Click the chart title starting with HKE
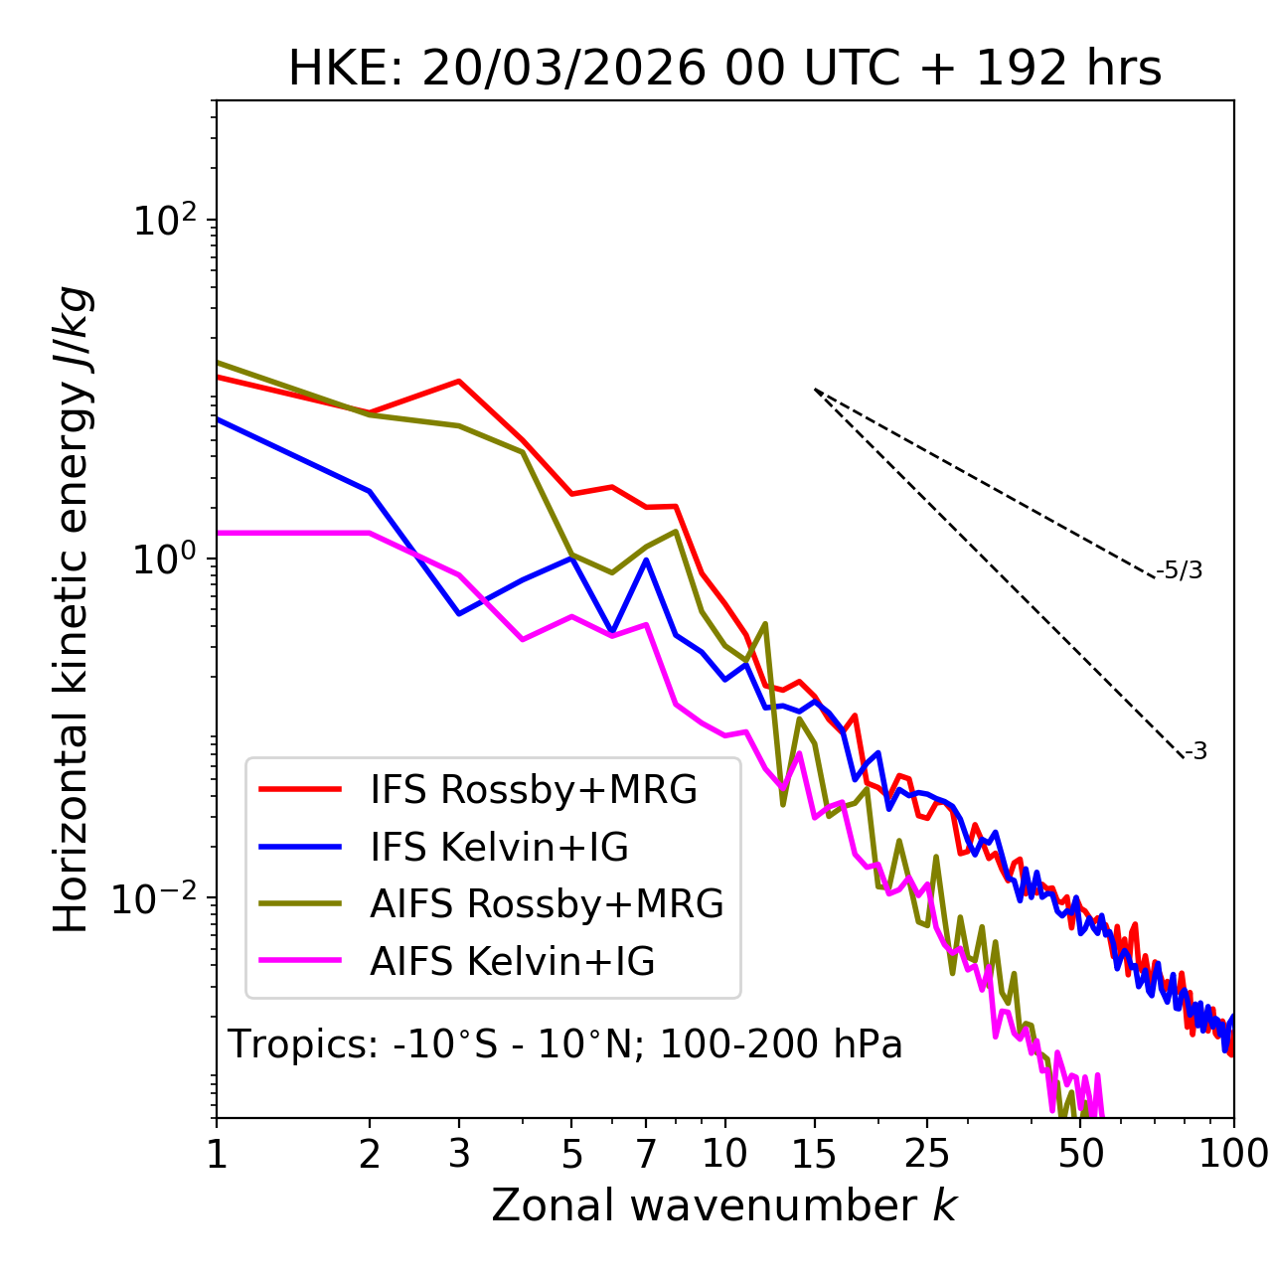pyautogui.click(x=724, y=70)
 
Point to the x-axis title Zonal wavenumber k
pyautogui.click(x=723, y=1204)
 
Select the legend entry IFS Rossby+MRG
pyautogui.click(x=533, y=789)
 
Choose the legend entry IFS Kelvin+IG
pyautogui.click(x=499, y=847)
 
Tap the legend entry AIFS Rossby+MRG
pyautogui.click(x=546, y=903)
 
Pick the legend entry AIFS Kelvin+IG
pyautogui.click(x=512, y=961)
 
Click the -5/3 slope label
pyautogui.click(x=1180, y=570)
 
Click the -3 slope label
pyautogui.click(x=1195, y=751)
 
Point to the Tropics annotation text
pyautogui.click(x=564, y=1044)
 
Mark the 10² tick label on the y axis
pyautogui.click(x=163, y=220)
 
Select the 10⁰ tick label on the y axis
pyautogui.click(x=163, y=559)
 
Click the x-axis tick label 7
pyautogui.click(x=646, y=1154)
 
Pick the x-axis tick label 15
pyautogui.click(x=815, y=1154)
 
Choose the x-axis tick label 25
pyautogui.click(x=927, y=1154)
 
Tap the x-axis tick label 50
pyautogui.click(x=1081, y=1154)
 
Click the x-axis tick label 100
pyautogui.click(x=1232, y=1154)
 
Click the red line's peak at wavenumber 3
pyautogui.click(x=459, y=381)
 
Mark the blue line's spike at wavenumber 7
pyautogui.click(x=646, y=560)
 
